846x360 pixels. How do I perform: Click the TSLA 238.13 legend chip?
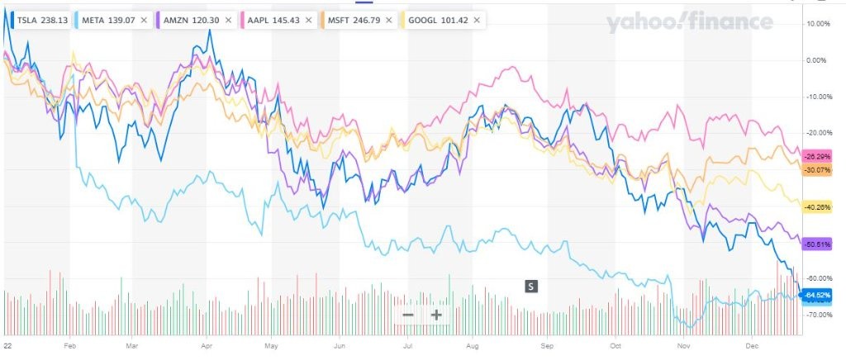coord(38,18)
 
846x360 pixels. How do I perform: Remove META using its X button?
coord(145,18)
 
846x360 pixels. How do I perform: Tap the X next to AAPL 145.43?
coord(308,18)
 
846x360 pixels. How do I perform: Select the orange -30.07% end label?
coord(818,170)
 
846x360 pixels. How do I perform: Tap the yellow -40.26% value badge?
coord(818,207)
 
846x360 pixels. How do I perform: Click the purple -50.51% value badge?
coord(818,244)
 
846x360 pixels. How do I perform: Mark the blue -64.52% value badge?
coord(818,295)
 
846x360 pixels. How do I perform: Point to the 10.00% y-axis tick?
coord(818,24)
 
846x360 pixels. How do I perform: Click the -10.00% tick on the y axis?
coord(818,97)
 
